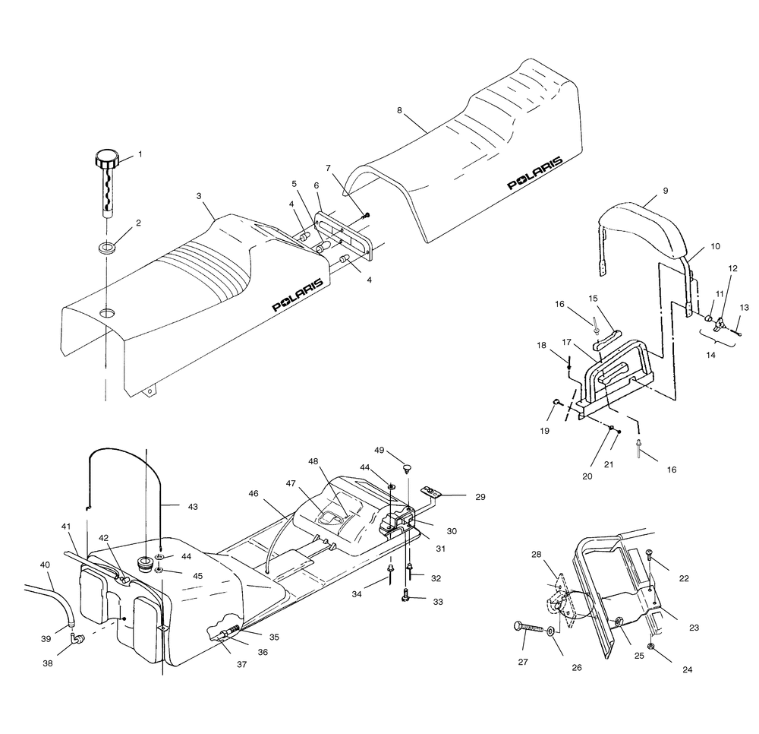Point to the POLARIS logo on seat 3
(298, 294)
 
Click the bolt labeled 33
(407, 599)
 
